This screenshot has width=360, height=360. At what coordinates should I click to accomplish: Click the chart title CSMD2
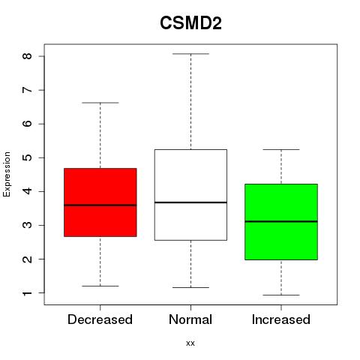(x=190, y=23)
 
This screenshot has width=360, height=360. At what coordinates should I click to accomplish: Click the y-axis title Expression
(x=7, y=174)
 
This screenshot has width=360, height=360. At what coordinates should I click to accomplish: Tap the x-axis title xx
(x=190, y=343)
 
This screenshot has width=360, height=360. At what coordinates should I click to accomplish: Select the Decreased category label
(x=100, y=319)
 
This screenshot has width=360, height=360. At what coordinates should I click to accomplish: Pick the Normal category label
(x=190, y=319)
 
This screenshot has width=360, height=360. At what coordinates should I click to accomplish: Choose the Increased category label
(x=281, y=319)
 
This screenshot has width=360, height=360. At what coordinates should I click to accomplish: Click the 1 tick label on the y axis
(x=27, y=292)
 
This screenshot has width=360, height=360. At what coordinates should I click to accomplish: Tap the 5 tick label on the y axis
(x=27, y=157)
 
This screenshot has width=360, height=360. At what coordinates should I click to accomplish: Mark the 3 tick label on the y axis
(x=27, y=225)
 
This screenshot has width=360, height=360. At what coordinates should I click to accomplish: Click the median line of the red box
(x=100, y=205)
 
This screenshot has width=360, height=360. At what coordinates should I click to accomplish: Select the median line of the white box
(x=190, y=202)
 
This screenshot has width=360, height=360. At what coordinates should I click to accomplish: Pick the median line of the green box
(x=281, y=221)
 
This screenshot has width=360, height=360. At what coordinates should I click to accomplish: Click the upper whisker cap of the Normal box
(x=190, y=54)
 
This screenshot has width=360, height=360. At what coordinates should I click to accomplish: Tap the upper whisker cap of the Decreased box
(x=100, y=103)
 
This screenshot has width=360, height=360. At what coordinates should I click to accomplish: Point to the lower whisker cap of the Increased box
(x=281, y=295)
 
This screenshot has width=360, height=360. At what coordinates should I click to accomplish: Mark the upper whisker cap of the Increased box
(x=281, y=150)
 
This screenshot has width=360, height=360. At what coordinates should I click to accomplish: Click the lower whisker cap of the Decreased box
(x=100, y=286)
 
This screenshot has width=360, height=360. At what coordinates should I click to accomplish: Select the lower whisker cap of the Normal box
(x=190, y=288)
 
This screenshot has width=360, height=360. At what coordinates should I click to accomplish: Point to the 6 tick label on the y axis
(x=27, y=124)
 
